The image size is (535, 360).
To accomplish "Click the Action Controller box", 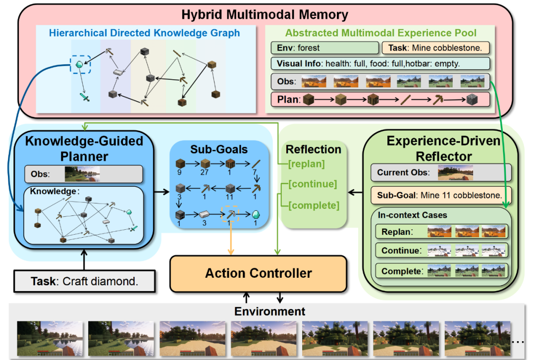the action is pos(258,274).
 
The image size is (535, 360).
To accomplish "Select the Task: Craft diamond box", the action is pos(85,281).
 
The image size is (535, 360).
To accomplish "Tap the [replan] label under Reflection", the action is pos(307,164).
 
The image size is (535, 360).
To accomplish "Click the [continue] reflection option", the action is pos(313,184).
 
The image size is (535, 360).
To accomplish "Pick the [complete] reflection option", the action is pos(314,206).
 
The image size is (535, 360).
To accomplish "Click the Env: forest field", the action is pos(325,48).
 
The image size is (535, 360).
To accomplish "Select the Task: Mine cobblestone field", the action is pos(435,48).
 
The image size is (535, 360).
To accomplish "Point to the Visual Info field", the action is pos(380,63).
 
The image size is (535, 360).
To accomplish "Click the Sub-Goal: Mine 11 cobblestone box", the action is pos(441,195).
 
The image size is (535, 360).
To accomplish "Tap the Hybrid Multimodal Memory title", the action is pos(265,15).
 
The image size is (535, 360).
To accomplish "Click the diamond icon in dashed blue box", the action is pos(79,64).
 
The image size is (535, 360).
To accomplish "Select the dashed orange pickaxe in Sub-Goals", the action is pos(231,214).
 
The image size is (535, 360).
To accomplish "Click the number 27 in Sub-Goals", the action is pos(205,173).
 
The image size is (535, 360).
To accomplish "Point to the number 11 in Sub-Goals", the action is pos(229,197).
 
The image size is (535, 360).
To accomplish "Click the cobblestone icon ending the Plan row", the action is pos(472,100).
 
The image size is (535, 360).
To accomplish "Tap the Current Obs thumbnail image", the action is pos(456,173).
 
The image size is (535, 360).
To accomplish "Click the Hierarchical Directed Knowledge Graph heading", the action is pos(144,33).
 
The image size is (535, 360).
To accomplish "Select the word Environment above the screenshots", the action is pos(269,311).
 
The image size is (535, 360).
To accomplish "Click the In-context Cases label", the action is pos(412,215).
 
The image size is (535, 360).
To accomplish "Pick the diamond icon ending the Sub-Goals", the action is pos(256,214).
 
